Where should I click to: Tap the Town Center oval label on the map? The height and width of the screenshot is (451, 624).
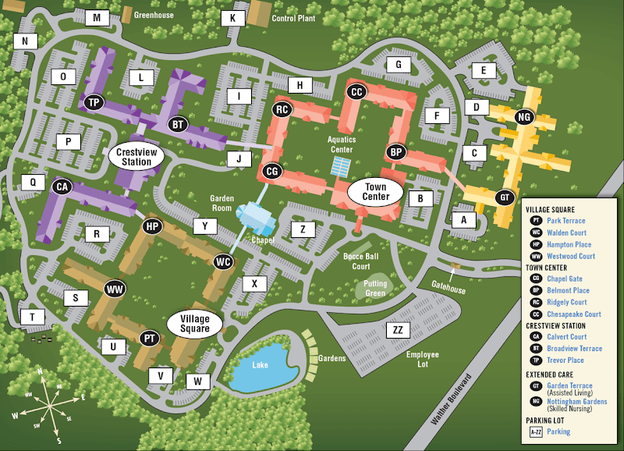(375, 192)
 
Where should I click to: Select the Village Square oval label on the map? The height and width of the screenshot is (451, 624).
(195, 323)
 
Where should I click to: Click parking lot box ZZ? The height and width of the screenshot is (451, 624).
(398, 330)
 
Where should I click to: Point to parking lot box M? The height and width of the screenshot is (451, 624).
(97, 18)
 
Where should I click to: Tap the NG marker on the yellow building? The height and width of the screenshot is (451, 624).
(524, 117)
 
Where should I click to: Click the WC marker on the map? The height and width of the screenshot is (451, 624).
(223, 261)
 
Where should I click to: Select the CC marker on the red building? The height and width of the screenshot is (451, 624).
(356, 92)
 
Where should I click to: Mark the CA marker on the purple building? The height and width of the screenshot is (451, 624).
(62, 186)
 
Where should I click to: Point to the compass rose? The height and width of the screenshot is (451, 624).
(50, 405)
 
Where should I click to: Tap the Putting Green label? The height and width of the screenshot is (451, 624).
(375, 289)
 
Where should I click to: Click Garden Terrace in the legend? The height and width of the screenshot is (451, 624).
(569, 385)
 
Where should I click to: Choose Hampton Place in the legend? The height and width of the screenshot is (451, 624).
(569, 244)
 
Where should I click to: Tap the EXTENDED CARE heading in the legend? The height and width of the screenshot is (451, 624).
(554, 375)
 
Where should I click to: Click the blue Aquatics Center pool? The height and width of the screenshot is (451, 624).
(341, 165)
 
